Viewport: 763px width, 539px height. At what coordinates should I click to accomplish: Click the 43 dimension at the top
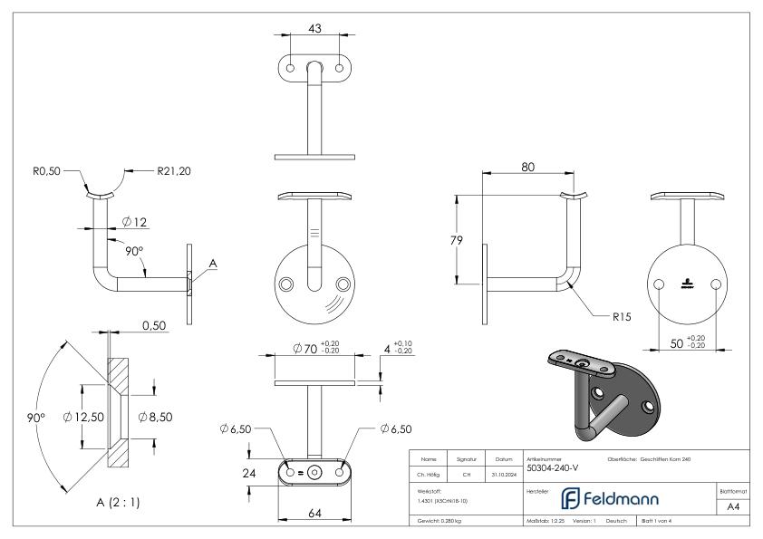pos(315,29)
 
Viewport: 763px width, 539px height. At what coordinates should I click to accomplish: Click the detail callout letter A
pos(213,264)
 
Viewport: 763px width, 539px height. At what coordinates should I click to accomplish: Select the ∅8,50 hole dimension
pos(157,416)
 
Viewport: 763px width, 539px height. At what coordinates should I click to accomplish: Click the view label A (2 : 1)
pos(109,501)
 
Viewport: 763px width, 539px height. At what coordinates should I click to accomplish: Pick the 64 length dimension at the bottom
pos(314,514)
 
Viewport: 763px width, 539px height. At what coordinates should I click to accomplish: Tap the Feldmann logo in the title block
pos(618,498)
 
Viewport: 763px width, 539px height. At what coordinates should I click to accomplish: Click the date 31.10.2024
pos(504,472)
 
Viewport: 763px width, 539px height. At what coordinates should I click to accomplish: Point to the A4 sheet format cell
pos(734,508)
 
